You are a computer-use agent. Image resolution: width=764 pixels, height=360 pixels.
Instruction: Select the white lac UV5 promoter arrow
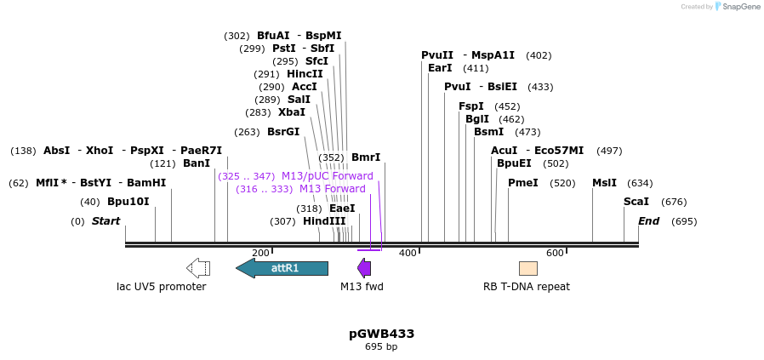pos(198,268)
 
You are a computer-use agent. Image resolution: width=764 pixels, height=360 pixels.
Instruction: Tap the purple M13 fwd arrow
pos(364,268)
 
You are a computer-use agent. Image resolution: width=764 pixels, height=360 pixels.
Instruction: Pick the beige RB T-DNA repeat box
pos(527,268)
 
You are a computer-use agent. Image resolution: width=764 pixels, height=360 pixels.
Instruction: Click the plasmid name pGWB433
pos(381,334)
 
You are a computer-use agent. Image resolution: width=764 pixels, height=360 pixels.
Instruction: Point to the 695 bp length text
pos(381,346)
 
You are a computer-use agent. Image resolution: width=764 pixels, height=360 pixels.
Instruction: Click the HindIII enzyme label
pos(324,221)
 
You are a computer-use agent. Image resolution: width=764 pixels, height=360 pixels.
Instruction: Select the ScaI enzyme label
pos(636,202)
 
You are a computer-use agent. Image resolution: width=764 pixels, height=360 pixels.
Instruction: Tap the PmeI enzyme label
pos(522,183)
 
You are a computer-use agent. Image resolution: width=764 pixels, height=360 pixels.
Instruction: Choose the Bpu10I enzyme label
pos(128,202)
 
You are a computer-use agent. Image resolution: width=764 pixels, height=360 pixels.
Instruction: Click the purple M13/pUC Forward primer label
pos(327,176)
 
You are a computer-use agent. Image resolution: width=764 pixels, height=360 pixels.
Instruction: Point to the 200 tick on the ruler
pos(260,253)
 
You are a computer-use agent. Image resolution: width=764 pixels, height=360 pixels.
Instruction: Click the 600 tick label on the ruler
pos(555,253)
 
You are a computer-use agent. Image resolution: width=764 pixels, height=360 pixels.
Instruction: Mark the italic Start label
pos(105,221)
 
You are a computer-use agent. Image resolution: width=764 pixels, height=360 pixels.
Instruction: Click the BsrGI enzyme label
pos(283,132)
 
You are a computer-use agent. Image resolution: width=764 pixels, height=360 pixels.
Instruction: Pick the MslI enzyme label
pos(604,183)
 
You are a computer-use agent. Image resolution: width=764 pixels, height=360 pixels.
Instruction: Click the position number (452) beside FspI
pos(507,106)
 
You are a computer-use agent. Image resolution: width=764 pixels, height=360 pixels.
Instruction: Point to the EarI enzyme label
pos(440,68)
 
